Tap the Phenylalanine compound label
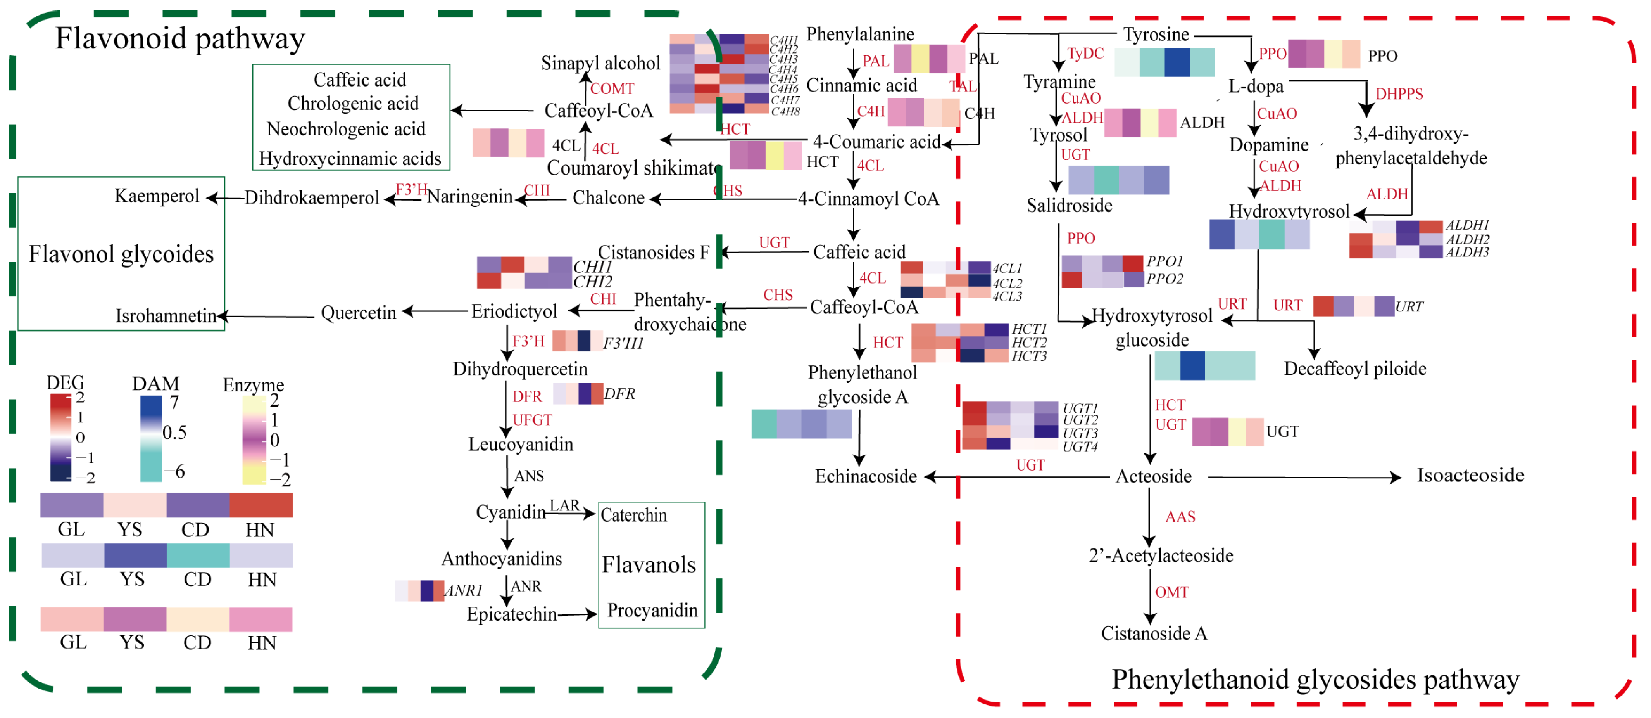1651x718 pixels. pyautogui.click(x=860, y=34)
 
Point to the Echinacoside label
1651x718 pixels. pyautogui.click(x=865, y=476)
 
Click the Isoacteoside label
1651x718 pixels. pyautogui.click(x=1470, y=475)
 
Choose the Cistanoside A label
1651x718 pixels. pyautogui.click(x=1154, y=633)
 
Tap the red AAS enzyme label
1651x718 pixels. pyautogui.click(x=1180, y=517)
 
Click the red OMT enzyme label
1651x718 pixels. pyautogui.click(x=1171, y=592)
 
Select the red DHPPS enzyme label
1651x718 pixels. pyautogui.click(x=1399, y=94)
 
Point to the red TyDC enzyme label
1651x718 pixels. pyautogui.click(x=1085, y=53)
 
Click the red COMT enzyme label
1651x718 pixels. pyautogui.click(x=612, y=88)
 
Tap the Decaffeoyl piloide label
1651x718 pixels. pyautogui.click(x=1355, y=369)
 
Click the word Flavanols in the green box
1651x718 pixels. pyautogui.click(x=649, y=565)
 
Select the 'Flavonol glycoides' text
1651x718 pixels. pyautogui.click(x=121, y=254)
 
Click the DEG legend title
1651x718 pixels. pyautogui.click(x=66, y=383)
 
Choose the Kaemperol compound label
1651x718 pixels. pyautogui.click(x=157, y=196)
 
